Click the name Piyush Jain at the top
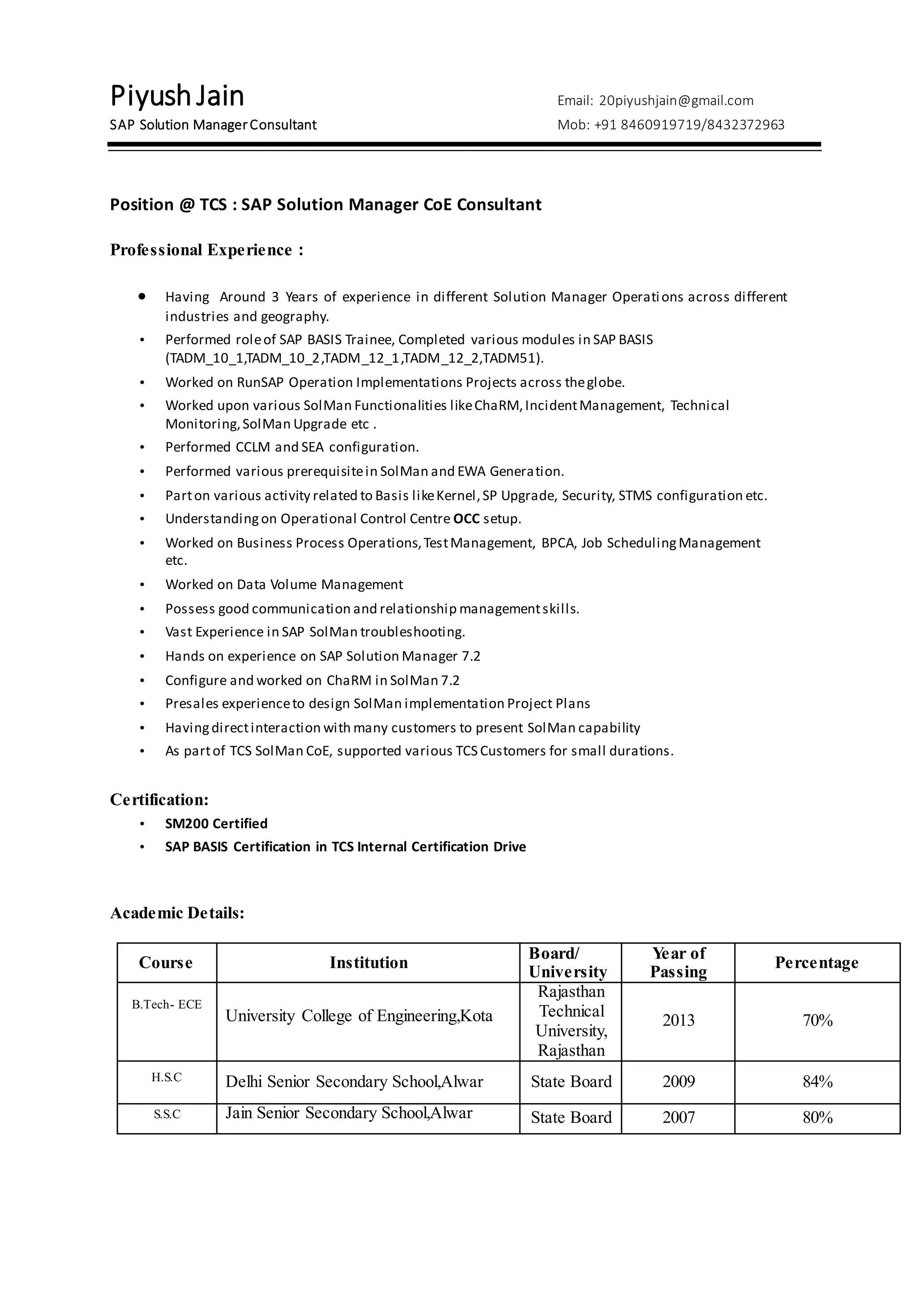177,96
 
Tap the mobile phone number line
671,125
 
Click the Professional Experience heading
207,250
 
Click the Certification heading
159,799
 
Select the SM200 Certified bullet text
216,823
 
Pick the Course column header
166,963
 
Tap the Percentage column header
817,963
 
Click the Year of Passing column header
678,963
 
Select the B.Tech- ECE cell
167,1004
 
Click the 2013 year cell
678,1020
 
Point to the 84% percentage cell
817,1082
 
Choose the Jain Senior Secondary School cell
349,1113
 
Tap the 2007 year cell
678,1117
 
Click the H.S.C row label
167,1077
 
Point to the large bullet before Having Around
142,296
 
